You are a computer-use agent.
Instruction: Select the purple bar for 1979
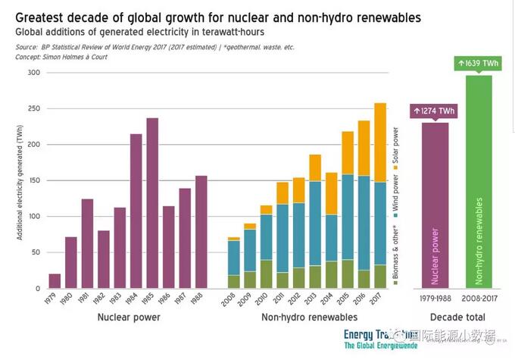55,281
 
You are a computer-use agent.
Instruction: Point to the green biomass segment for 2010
267,274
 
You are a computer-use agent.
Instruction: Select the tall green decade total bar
479,182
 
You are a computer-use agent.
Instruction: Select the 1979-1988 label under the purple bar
435,299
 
